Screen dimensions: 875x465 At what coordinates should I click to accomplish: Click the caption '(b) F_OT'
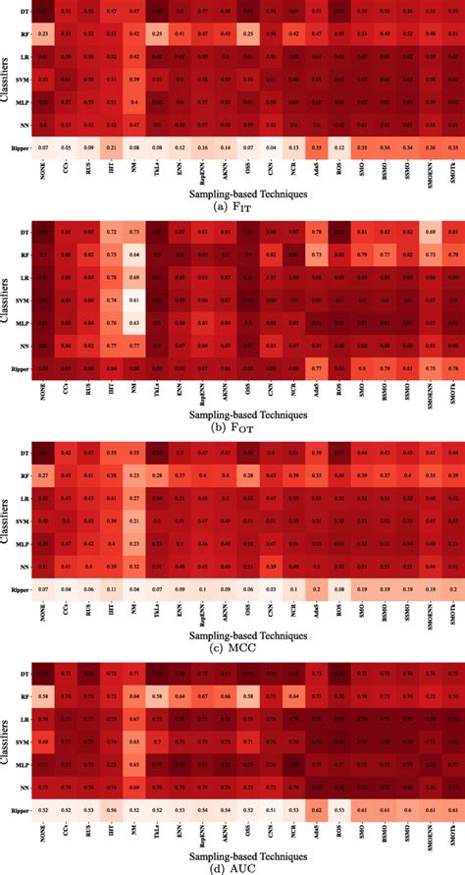pos(232,430)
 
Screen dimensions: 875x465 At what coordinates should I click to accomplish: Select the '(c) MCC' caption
pos(232,651)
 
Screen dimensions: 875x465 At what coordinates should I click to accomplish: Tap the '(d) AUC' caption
pos(232,868)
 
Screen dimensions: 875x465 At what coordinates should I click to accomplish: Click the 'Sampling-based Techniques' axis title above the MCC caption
pos(232,634)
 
